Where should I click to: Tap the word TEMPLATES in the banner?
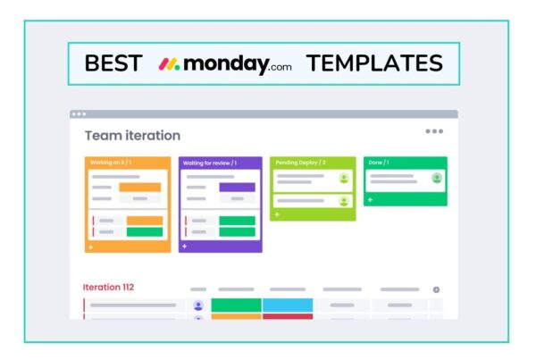click(374, 63)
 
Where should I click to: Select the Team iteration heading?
click(132, 136)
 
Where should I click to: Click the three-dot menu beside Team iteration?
click(434, 131)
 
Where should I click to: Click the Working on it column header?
click(111, 163)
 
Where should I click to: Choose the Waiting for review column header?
click(209, 163)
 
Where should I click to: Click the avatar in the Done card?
click(437, 178)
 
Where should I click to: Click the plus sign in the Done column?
click(370, 200)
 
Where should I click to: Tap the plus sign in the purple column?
click(184, 246)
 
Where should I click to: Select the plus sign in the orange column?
click(90, 246)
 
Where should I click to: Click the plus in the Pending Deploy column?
click(277, 214)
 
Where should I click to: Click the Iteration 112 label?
click(108, 287)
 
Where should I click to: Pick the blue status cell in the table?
click(288, 306)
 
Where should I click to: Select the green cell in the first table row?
click(236, 306)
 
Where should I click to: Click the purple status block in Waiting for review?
click(237, 188)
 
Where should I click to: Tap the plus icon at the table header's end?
click(437, 289)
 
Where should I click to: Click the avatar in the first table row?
click(198, 306)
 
